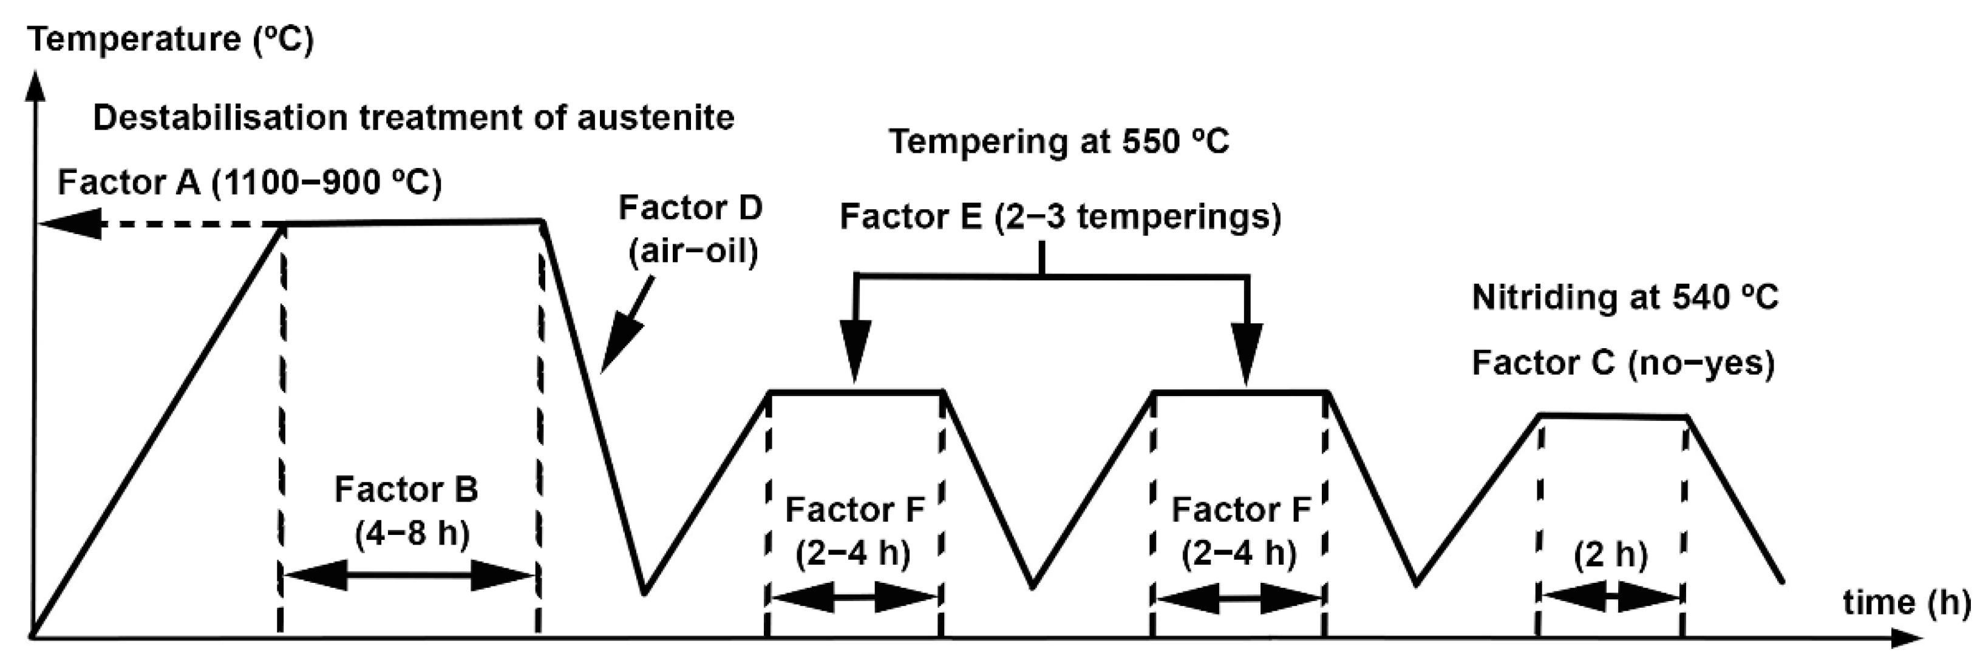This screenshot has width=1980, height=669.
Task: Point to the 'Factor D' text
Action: click(690, 208)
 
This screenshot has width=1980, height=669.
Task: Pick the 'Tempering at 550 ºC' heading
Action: click(1058, 142)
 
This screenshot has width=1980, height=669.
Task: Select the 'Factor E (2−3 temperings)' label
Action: click(1060, 217)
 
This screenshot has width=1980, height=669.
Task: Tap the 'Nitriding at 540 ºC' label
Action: click(1625, 298)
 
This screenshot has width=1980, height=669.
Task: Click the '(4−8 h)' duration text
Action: click(413, 533)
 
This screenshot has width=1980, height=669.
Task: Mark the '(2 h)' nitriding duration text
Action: click(1610, 554)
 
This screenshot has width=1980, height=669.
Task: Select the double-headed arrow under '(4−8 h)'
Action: click(410, 576)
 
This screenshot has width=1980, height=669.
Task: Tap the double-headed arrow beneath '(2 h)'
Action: click(1610, 597)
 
